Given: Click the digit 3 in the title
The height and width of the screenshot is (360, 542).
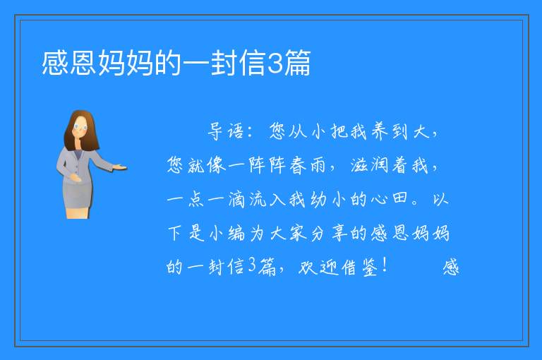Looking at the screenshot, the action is pos(275,63).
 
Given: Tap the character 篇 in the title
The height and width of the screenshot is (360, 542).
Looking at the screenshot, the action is pos(297,63).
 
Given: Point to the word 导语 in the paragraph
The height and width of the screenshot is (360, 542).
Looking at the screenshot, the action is pos(226,131).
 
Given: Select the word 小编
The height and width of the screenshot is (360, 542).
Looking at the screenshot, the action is pos(227,233).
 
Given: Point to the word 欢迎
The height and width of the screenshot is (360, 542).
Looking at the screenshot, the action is pos(318,267).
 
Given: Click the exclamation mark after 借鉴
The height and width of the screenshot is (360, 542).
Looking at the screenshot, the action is pos(385,265).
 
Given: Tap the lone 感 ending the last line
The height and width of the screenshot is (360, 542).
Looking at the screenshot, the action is pos(451,267).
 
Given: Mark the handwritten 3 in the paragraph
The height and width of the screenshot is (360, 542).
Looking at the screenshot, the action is pos(252,266).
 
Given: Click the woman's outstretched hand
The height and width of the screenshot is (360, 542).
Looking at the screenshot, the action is pos(120,167).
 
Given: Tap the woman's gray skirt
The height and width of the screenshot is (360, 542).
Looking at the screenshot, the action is pos(78,195).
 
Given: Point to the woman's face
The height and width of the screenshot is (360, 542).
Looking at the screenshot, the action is pos(80,127).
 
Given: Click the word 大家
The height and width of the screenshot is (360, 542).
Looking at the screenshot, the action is pos(288,233).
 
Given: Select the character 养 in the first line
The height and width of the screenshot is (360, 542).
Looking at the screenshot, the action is pos(380,131).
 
